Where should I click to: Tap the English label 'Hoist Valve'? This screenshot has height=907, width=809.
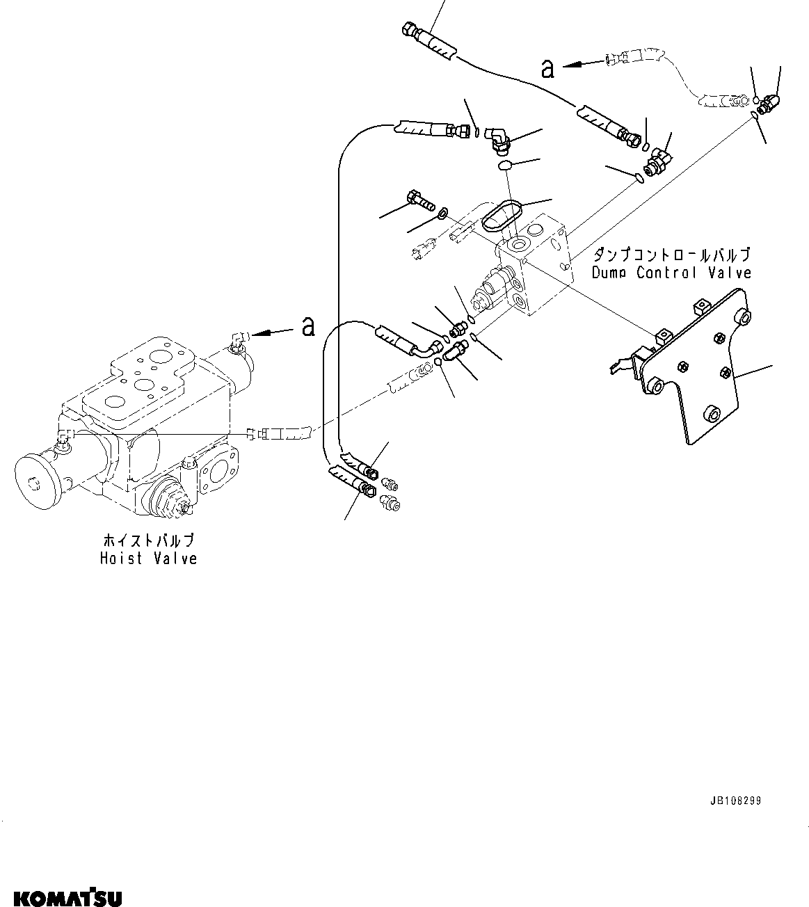(148, 559)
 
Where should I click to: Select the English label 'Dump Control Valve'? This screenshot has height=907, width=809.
(671, 273)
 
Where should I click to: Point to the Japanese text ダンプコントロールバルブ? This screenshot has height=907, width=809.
(671, 255)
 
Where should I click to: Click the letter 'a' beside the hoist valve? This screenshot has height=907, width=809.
(307, 326)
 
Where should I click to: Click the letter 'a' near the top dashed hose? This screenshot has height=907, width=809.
(547, 67)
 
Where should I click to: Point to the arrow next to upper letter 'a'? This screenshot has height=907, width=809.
(583, 64)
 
